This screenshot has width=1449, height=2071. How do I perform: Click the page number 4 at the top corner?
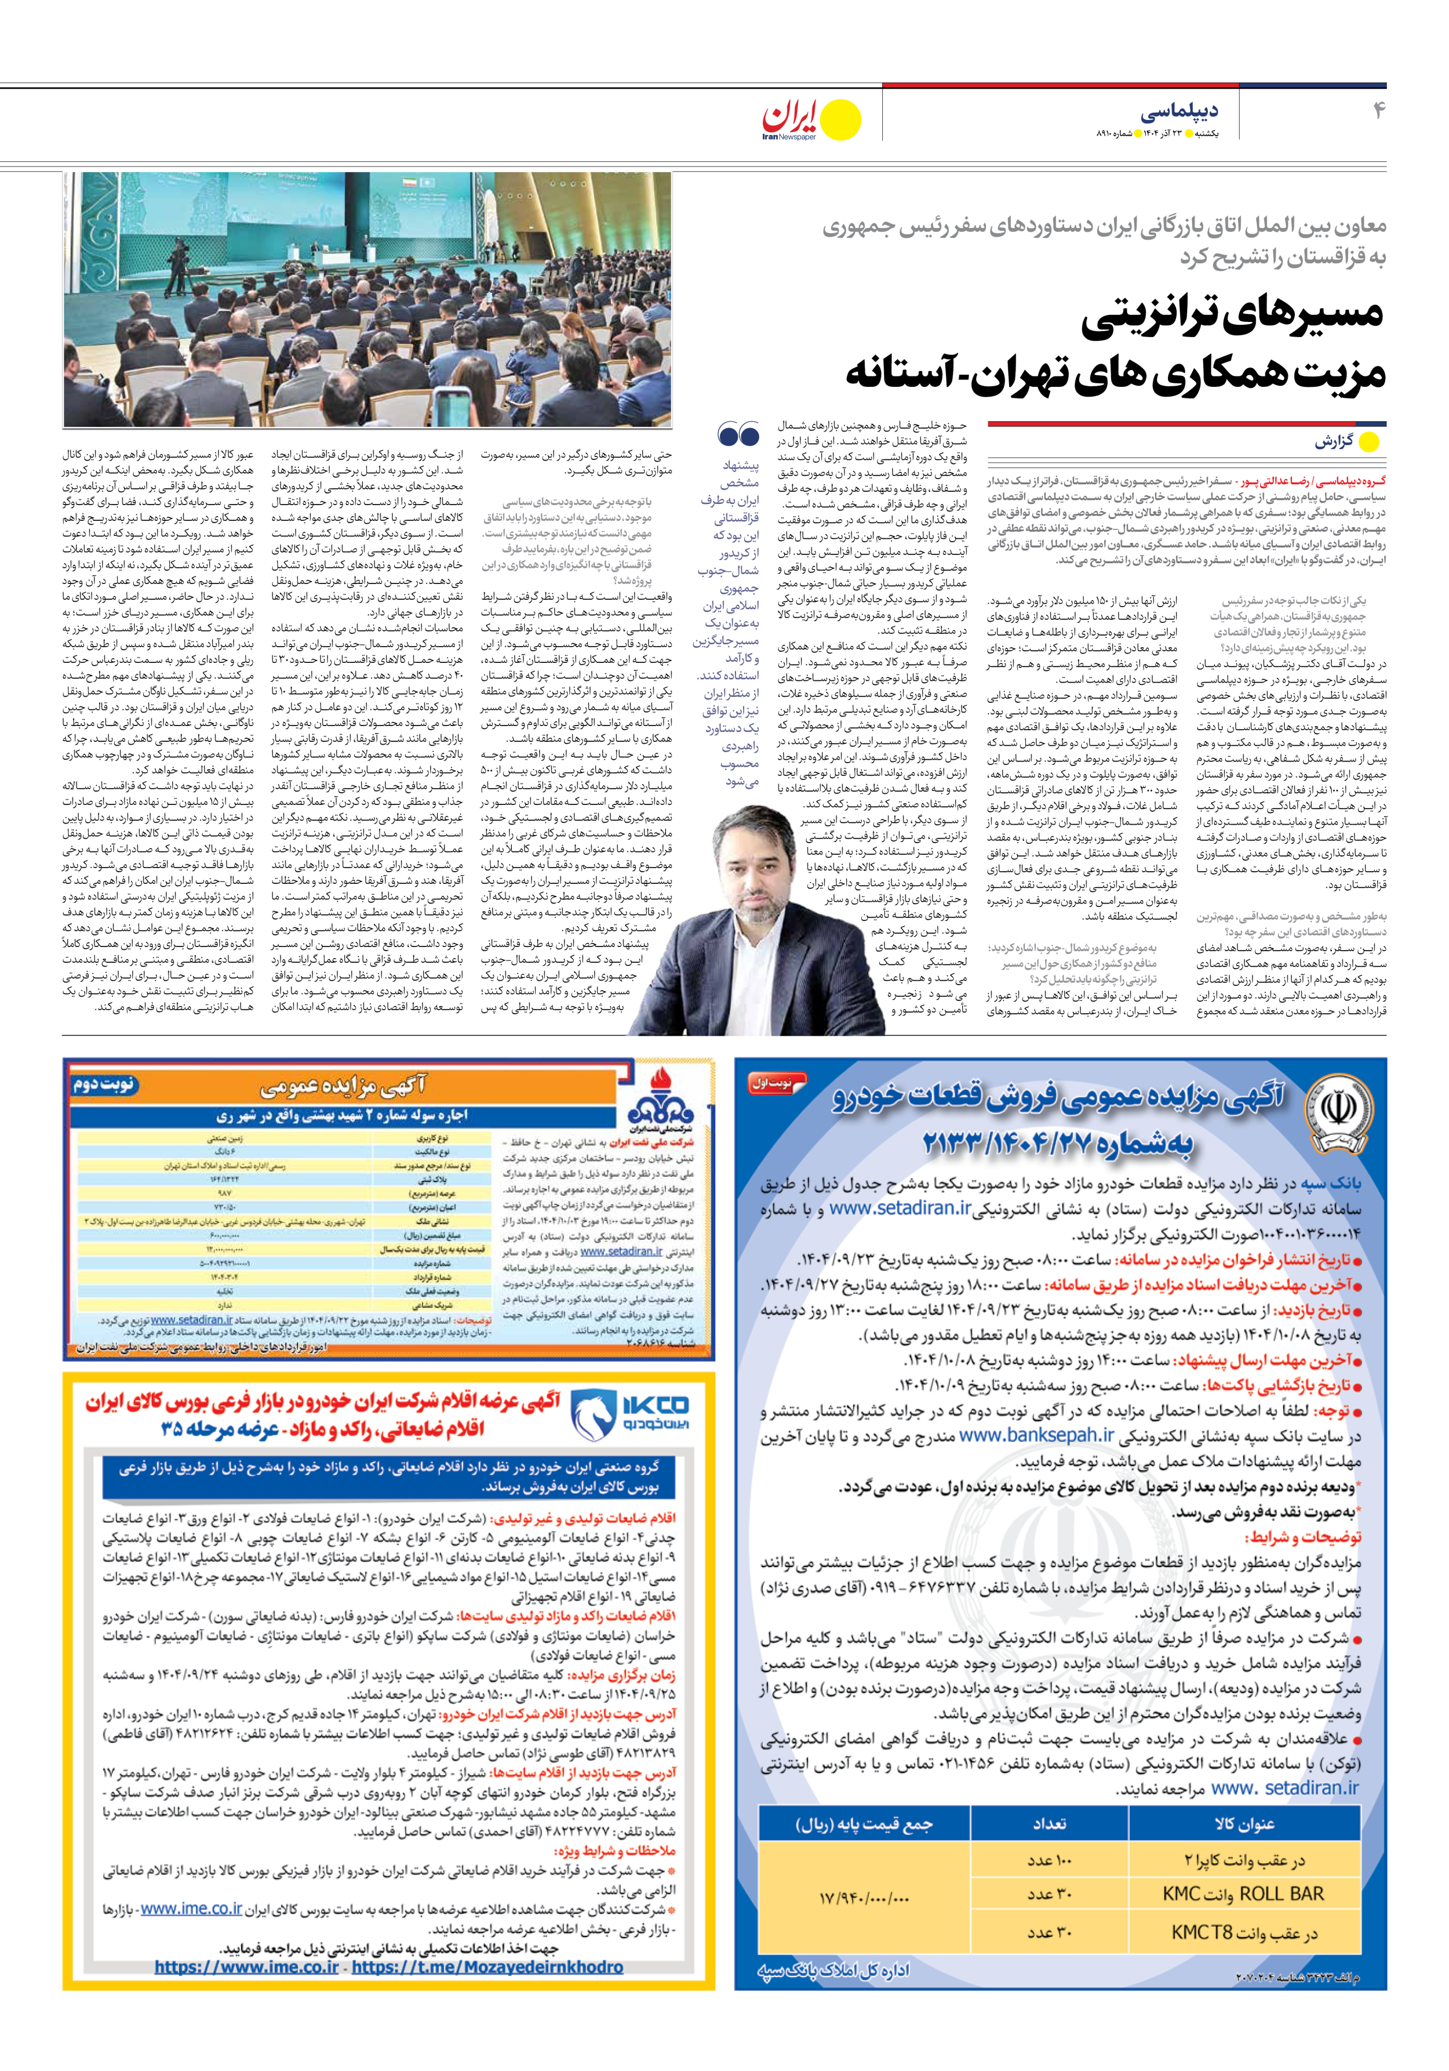click(1378, 110)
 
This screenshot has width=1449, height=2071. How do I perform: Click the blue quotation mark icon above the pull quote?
click(738, 436)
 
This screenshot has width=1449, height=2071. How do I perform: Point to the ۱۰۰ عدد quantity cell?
click(1048, 1860)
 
